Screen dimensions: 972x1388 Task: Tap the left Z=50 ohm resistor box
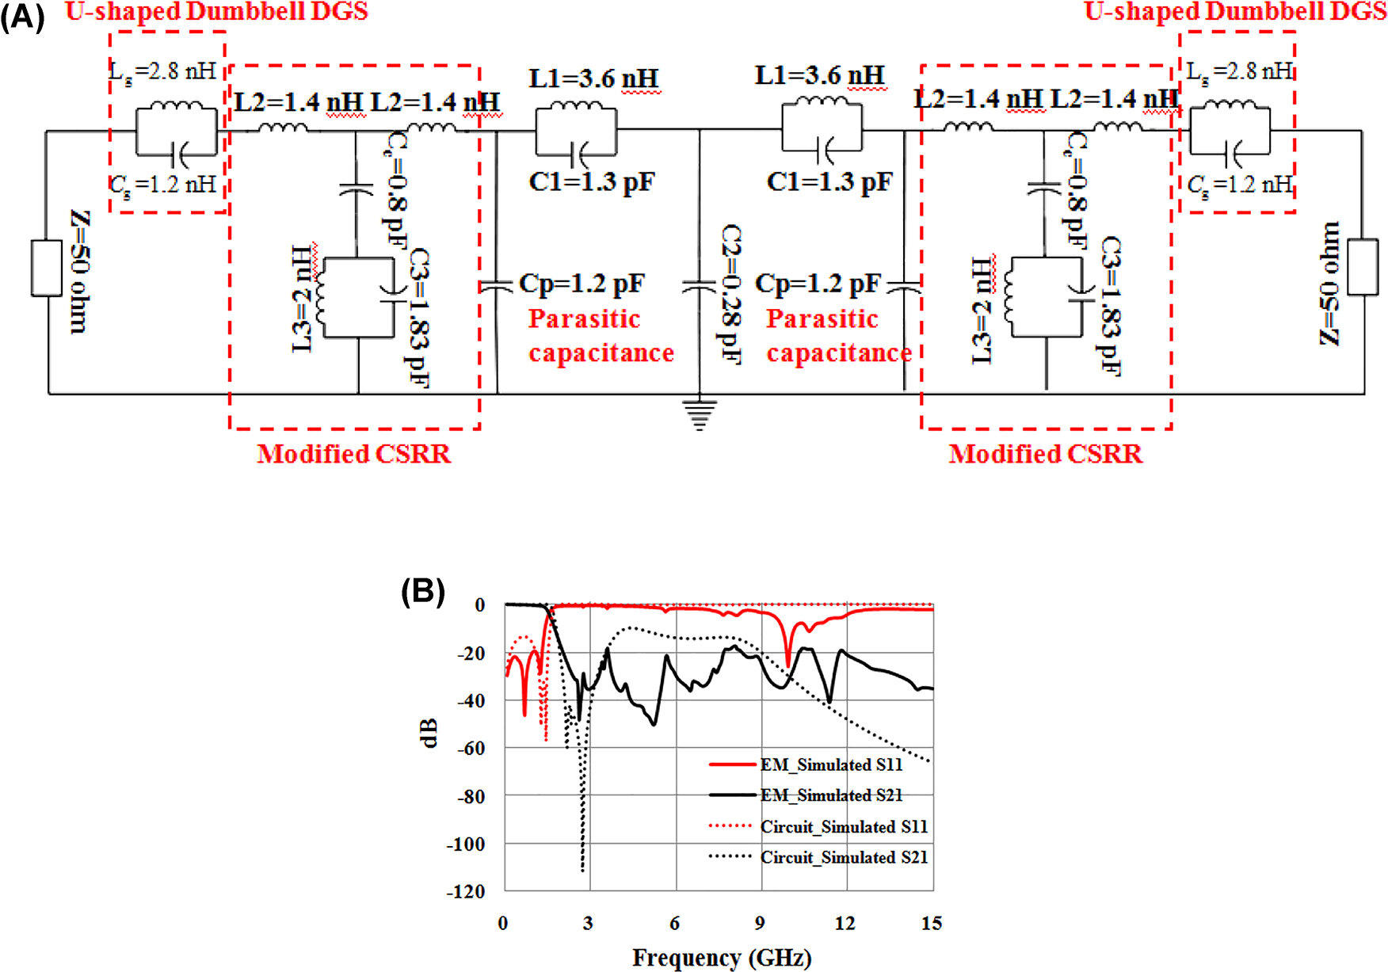(47, 269)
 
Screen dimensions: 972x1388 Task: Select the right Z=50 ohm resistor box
(1363, 267)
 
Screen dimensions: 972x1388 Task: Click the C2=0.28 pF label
(730, 295)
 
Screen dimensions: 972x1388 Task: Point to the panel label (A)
(22, 17)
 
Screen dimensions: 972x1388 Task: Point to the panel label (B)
(422, 591)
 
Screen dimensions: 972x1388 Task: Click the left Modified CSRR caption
(353, 454)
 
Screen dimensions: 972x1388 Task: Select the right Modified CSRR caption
(1045, 454)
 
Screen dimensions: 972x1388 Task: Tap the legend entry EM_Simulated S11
(830, 764)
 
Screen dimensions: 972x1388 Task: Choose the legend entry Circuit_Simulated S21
(843, 857)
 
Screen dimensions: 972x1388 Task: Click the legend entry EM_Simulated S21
(830, 795)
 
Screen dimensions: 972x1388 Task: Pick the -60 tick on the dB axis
(471, 749)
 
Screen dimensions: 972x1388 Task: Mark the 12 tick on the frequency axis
(845, 924)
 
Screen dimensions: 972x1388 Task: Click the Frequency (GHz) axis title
(721, 958)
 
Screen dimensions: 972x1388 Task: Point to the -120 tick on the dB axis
(466, 892)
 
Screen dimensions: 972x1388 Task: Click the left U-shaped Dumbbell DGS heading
(216, 12)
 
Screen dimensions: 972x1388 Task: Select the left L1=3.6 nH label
(593, 78)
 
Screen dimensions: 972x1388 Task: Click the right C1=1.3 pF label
(829, 182)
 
